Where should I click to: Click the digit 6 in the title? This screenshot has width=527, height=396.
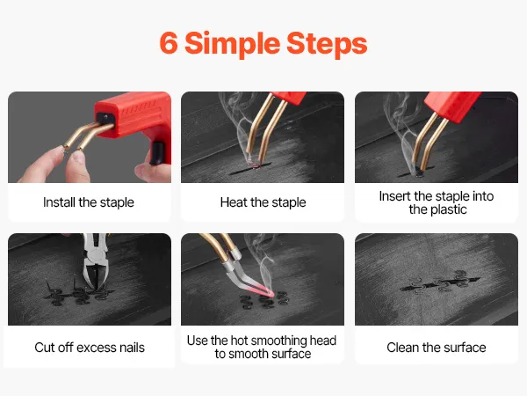tap(169, 42)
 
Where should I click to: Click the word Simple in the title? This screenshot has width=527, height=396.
tap(233, 45)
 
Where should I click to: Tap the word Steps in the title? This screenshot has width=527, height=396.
tap(327, 45)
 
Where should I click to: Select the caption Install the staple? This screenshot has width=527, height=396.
tap(89, 202)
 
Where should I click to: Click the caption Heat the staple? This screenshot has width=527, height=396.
tap(263, 202)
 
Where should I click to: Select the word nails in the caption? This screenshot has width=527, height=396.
tap(131, 348)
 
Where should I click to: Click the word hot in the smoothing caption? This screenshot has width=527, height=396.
tap(239, 341)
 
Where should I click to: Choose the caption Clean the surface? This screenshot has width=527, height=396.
tap(437, 348)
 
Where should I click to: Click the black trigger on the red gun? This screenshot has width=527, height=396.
tap(157, 153)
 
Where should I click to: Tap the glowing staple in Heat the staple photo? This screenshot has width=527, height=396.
tap(256, 165)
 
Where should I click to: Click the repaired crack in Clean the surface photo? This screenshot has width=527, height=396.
tap(440, 283)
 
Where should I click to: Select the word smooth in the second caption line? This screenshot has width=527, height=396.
tap(246, 355)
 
